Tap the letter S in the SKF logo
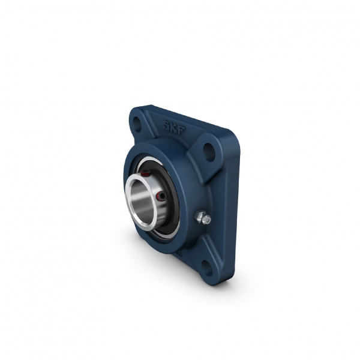166,125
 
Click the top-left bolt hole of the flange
137,124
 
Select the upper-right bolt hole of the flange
209,152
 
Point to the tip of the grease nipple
208,220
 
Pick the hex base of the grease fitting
199,216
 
